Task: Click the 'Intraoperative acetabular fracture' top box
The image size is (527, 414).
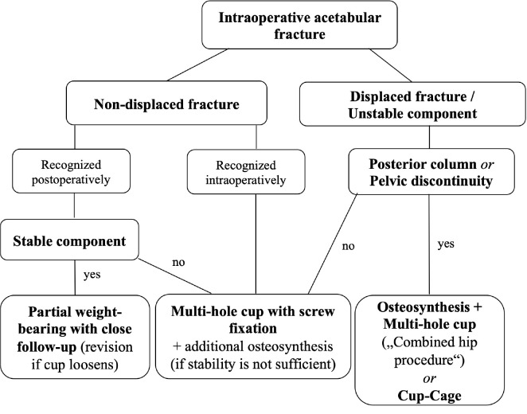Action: tap(299, 25)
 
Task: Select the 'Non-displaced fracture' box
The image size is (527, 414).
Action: tap(166, 103)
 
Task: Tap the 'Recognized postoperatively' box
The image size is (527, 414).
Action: tap(71, 171)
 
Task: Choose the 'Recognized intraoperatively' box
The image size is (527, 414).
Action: tap(246, 172)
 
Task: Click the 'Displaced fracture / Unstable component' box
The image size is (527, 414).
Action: tap(412, 104)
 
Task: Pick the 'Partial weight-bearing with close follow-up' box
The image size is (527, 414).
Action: tap(75, 337)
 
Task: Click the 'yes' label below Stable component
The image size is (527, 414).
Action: tap(92, 274)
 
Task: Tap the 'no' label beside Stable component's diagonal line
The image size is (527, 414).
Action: tap(178, 262)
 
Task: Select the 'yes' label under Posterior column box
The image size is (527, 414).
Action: tap(446, 244)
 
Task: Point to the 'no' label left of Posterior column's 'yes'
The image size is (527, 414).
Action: tap(348, 246)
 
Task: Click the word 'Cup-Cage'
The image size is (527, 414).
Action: tap(430, 396)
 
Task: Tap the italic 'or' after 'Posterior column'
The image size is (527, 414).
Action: tap(487, 164)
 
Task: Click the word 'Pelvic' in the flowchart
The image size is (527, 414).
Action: tap(389, 181)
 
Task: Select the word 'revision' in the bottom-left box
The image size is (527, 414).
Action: tap(107, 346)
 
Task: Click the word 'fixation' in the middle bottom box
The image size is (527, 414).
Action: tap(253, 328)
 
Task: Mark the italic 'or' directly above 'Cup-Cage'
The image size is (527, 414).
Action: tap(430, 378)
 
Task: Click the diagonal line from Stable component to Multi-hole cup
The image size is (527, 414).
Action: tap(175, 276)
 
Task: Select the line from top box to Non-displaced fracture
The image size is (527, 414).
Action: tap(197, 64)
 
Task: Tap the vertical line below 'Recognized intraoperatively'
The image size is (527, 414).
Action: tap(256, 244)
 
